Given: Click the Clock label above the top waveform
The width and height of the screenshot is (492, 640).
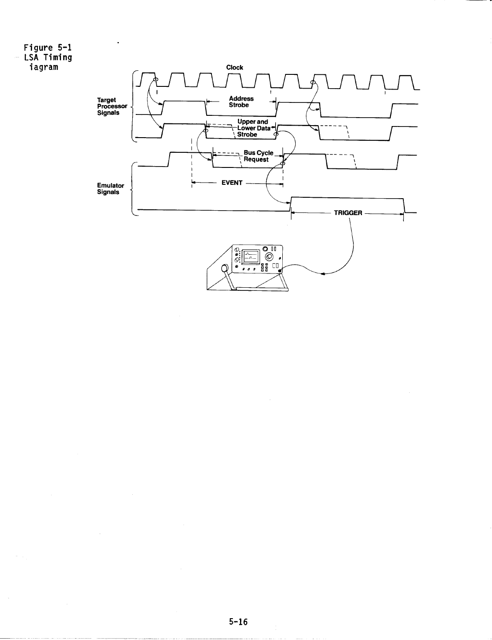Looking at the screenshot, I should point(235,68).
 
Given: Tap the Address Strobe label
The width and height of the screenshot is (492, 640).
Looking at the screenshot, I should point(241,102).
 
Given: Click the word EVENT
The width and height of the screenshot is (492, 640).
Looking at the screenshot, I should point(232,183).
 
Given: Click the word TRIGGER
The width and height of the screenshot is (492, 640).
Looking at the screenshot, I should point(348,213).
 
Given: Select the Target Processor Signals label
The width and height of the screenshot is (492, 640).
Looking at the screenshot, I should point(112,106).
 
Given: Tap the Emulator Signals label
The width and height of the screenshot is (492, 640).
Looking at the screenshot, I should point(110,189).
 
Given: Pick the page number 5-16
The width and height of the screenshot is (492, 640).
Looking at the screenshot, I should point(238,622).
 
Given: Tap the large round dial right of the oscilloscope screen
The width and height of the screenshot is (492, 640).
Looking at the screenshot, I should point(270,257).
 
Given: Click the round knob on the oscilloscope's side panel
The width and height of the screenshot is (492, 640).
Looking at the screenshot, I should point(225,268).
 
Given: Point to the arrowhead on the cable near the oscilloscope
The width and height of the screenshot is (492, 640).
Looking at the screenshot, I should point(323,274).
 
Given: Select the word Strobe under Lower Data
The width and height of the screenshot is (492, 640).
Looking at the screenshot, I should point(247,135).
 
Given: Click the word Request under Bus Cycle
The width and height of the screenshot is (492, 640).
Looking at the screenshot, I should point(256,159).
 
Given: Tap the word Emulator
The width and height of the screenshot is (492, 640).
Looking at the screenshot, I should point(110,186).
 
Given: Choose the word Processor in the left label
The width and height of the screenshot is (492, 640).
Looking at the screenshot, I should point(112,106).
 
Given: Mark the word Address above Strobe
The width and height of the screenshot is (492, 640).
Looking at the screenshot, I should point(241,99).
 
